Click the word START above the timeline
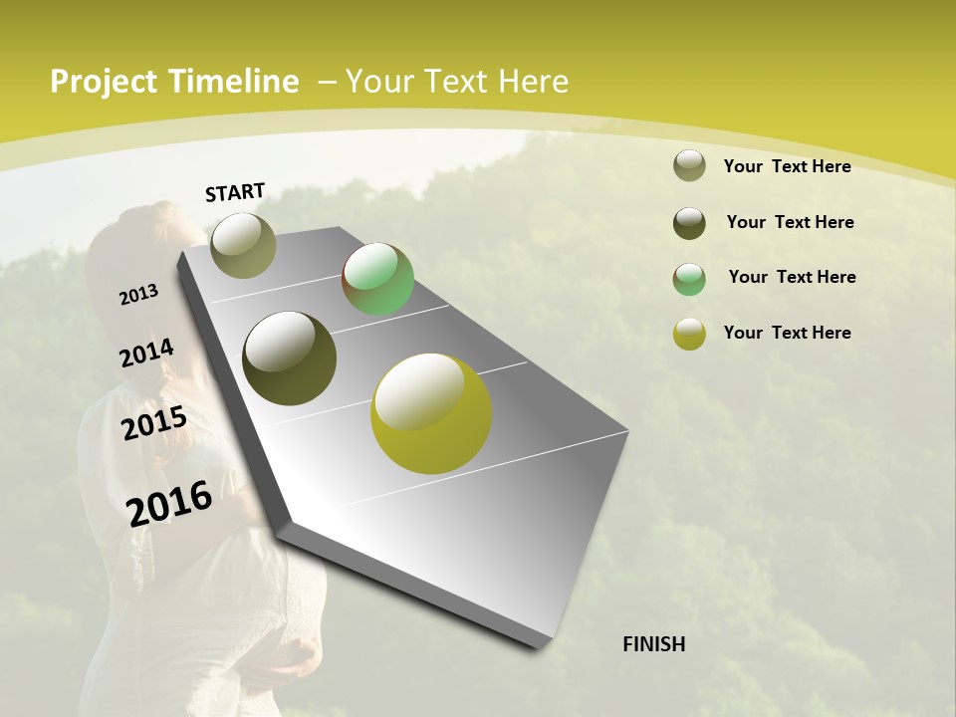pyautogui.click(x=235, y=192)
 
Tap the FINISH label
pyautogui.click(x=653, y=644)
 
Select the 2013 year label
pyautogui.click(x=138, y=295)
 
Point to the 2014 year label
pyautogui.click(x=146, y=354)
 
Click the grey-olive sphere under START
pyautogui.click(x=243, y=245)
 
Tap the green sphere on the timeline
pyautogui.click(x=377, y=279)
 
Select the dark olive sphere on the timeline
pyautogui.click(x=289, y=358)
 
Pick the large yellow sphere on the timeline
pyautogui.click(x=431, y=413)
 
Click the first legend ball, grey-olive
pyautogui.click(x=689, y=166)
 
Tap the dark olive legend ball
pyautogui.click(x=689, y=223)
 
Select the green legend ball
pyautogui.click(x=689, y=279)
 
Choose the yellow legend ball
pyautogui.click(x=689, y=334)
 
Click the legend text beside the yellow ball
pyautogui.click(x=787, y=333)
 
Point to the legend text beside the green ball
pyautogui.click(x=792, y=277)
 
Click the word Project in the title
pyautogui.click(x=105, y=82)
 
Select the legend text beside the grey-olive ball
pyautogui.click(x=787, y=166)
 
